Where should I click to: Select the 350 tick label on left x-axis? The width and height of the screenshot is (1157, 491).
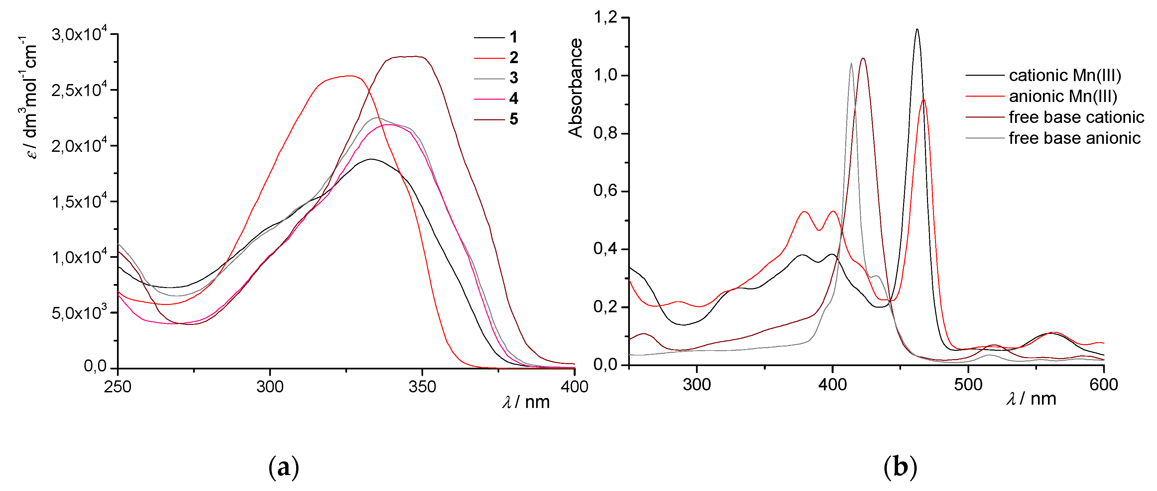(422, 386)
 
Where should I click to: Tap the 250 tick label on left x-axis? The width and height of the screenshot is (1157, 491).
(118, 386)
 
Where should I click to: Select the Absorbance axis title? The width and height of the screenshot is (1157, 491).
(575, 87)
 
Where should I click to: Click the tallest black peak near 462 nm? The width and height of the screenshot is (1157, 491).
(917, 30)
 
